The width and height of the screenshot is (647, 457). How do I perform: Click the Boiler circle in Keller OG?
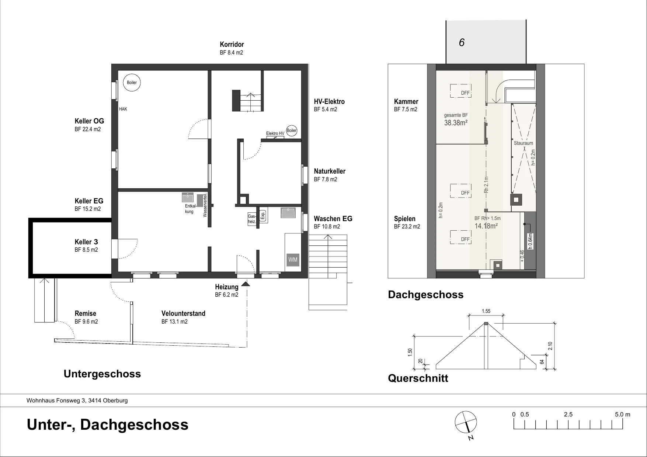[132, 83]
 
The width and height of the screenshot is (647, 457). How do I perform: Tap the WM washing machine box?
[293, 260]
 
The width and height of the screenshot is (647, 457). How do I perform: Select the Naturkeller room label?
[330, 171]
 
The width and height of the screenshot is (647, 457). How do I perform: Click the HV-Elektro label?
[329, 102]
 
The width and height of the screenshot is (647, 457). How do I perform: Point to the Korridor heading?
[232, 45]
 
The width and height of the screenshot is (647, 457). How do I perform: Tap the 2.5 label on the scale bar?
[568, 415]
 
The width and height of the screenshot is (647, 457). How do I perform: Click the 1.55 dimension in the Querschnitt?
[486, 311]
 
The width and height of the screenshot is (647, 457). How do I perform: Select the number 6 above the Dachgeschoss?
[462, 43]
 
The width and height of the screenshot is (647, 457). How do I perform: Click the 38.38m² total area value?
[456, 123]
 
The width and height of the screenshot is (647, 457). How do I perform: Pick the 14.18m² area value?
[486, 226]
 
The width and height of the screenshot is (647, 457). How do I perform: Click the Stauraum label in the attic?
[523, 143]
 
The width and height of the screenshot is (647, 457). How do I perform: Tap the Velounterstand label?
[183, 314]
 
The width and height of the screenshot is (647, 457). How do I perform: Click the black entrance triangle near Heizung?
[245, 284]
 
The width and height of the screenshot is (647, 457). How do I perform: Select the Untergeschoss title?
[102, 374]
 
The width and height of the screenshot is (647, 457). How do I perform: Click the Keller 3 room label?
[86, 242]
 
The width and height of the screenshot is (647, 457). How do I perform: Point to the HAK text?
[123, 109]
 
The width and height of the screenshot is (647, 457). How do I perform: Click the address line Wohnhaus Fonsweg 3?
[77, 401]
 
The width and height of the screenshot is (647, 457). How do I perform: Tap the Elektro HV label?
[275, 133]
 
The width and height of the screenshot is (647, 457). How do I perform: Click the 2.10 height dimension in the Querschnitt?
[550, 346]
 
